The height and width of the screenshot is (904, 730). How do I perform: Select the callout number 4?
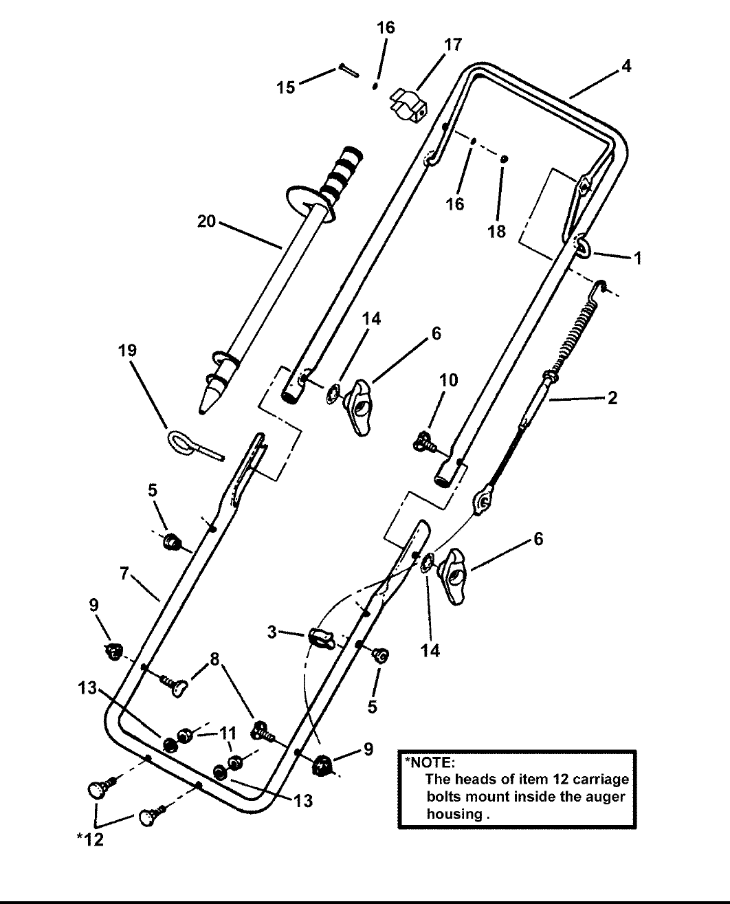[626, 67]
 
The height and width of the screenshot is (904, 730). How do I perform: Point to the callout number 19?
[127, 351]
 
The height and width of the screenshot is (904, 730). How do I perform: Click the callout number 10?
[448, 380]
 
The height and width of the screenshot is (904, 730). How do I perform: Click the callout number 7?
[124, 573]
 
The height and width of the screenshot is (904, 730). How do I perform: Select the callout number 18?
[496, 231]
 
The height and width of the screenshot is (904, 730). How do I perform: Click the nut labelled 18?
[504, 159]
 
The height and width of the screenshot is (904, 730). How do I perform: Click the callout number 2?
[612, 397]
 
